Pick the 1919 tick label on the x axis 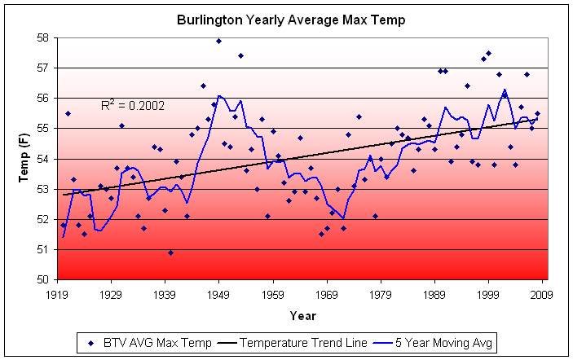pyautogui.click(x=57, y=295)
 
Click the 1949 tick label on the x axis pyautogui.click(x=219, y=295)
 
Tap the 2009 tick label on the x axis pyautogui.click(x=543, y=295)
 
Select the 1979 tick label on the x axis pyautogui.click(x=381, y=295)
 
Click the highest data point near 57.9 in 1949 pyautogui.click(x=219, y=41)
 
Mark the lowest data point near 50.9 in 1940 pyautogui.click(x=170, y=252)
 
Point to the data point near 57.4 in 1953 pyautogui.click(x=240, y=55)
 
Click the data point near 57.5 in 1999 pyautogui.click(x=489, y=53)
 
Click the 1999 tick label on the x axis pyautogui.click(x=489, y=295)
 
